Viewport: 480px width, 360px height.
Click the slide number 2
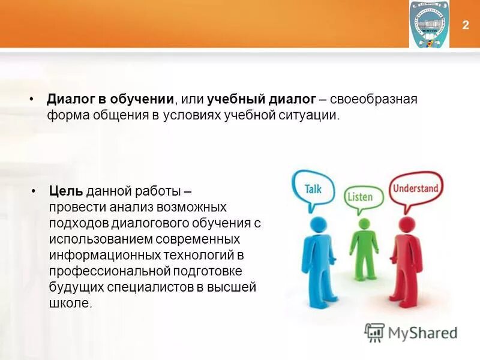(x=466, y=25)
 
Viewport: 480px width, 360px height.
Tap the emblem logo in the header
(x=428, y=24)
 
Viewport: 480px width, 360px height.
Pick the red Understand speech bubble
(x=415, y=188)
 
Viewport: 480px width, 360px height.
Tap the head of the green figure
(x=364, y=224)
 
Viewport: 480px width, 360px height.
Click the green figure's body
(x=364, y=249)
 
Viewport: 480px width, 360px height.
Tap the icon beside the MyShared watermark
(x=374, y=332)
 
